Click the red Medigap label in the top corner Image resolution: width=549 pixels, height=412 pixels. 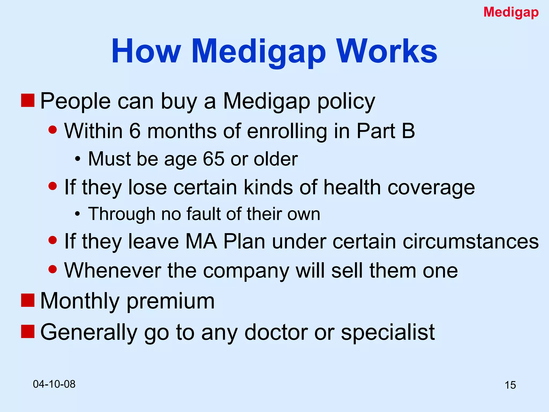pos(511,12)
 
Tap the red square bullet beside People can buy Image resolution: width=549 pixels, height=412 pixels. pos(28,100)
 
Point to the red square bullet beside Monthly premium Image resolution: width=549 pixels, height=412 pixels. pos(28,300)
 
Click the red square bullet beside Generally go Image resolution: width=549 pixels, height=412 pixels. pos(28,332)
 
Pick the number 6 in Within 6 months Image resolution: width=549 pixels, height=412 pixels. pos(135,131)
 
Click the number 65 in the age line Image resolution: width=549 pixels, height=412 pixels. pos(214,159)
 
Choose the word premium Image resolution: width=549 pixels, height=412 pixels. pos(170,301)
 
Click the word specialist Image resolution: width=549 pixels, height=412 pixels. pos(388,332)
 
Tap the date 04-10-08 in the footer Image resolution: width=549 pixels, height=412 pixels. pos(54,384)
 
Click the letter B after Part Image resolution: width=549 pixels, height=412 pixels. pos(408,131)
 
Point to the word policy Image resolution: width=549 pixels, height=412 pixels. pos(346,101)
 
